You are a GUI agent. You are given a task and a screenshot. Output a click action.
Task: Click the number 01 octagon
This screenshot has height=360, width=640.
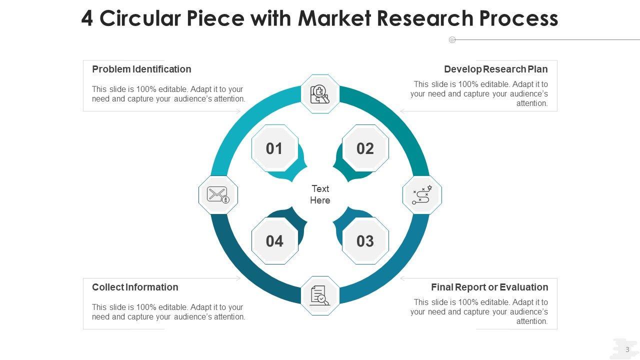point(274,148)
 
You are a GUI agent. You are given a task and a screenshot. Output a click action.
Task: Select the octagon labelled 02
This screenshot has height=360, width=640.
point(365,148)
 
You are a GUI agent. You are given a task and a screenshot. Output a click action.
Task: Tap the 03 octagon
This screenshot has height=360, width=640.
point(365,241)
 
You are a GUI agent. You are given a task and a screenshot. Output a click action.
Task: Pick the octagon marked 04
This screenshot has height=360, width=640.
point(274,241)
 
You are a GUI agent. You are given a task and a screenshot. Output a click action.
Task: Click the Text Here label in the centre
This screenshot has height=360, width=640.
point(320,194)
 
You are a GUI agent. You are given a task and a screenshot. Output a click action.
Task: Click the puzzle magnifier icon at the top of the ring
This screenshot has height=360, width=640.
point(320,94)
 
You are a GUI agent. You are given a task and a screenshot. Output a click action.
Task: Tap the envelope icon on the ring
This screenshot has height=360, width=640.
point(218,195)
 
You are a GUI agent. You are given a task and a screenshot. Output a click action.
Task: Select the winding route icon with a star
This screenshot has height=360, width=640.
point(422,195)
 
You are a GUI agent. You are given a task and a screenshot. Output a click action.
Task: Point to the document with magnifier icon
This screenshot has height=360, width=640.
point(320,295)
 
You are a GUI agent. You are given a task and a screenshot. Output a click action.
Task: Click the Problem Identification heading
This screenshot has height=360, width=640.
point(141,69)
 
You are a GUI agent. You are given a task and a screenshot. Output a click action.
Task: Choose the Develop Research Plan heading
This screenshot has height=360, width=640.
point(495,69)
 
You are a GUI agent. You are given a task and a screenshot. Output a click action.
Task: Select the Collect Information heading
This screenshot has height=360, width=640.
point(135,287)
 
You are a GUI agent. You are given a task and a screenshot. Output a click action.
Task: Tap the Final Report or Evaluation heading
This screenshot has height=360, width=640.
point(489,287)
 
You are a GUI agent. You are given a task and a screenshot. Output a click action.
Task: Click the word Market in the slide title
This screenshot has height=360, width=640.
point(333,18)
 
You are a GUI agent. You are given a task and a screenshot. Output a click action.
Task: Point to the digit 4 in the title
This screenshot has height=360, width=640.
point(87,18)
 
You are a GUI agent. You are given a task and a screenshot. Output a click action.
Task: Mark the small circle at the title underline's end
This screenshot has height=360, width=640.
point(452,39)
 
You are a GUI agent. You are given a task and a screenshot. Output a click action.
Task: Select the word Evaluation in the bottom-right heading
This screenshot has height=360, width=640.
point(524,287)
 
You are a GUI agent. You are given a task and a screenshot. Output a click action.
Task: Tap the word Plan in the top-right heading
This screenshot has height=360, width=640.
point(538,69)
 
